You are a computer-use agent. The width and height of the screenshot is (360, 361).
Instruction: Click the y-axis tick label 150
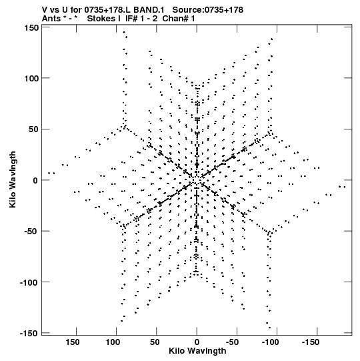coord(31,28)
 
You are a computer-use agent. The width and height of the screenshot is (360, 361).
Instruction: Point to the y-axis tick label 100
coord(31,79)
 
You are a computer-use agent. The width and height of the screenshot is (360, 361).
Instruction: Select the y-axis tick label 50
coord(33,129)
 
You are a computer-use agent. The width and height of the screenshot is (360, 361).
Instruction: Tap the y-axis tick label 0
coord(35,180)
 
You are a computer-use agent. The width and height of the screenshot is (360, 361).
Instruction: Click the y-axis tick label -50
coord(31,232)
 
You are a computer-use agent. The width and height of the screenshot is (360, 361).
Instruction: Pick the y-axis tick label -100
coord(29,282)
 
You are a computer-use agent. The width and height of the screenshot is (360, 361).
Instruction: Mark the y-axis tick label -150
coord(29,333)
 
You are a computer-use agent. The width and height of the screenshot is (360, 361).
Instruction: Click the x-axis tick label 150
coord(73,342)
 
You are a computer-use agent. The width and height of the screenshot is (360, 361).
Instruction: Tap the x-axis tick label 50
coord(155,342)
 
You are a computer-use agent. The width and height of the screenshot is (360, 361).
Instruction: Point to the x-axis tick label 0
coord(197,342)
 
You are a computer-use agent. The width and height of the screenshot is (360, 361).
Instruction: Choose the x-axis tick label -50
coord(235,342)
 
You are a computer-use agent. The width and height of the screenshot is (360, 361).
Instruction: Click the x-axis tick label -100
coord(273,342)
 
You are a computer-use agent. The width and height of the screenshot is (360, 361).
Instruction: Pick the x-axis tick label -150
coord(313,342)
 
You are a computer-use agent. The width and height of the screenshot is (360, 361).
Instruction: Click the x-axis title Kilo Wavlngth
coord(197,351)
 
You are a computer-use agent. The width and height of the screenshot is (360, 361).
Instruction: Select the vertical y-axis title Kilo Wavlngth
coord(13,179)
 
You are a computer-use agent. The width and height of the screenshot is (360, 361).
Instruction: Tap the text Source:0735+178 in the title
coord(208,10)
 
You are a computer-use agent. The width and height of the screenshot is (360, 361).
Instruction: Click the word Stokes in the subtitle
coord(101,19)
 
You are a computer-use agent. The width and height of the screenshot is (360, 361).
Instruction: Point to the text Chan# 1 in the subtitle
coord(179,19)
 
